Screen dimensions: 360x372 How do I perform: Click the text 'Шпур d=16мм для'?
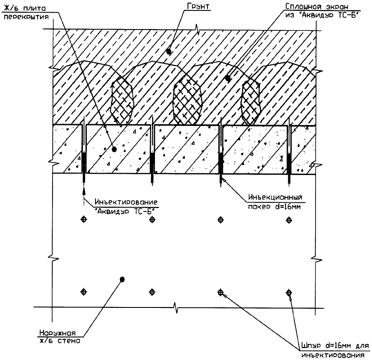pyautogui.click(x=333, y=347)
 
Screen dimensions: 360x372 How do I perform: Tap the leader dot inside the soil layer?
pyautogui.click(x=168, y=51)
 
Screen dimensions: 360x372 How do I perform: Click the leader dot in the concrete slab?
pyautogui.click(x=115, y=149)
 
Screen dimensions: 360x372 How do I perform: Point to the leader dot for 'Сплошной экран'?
pyautogui.click(x=228, y=78)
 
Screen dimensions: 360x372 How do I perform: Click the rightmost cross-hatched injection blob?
pyautogui.click(x=250, y=101)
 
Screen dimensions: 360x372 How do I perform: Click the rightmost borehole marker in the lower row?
pyautogui.click(x=288, y=292)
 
